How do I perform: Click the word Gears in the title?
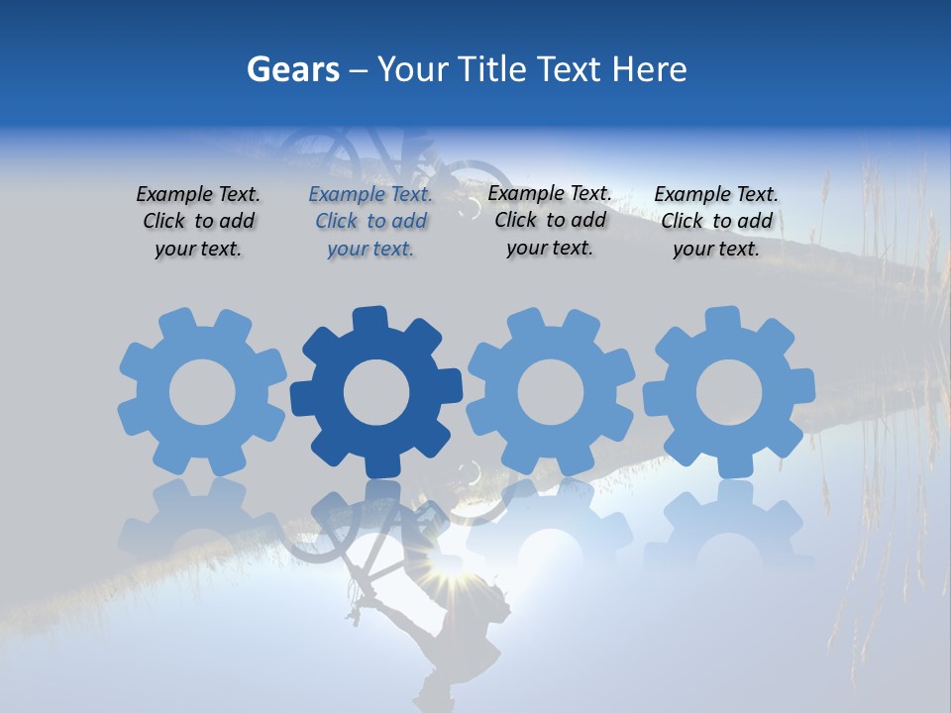click(x=292, y=69)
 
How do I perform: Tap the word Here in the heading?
click(x=649, y=69)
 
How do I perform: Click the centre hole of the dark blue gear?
click(x=376, y=393)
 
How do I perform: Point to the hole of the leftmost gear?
click(x=202, y=392)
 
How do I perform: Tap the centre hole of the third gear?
click(x=551, y=392)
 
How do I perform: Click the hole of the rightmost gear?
click(x=729, y=392)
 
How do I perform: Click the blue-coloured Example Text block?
click(x=370, y=222)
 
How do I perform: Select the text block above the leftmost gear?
click(x=198, y=222)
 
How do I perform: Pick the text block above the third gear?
click(x=550, y=221)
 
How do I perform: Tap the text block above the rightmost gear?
click(x=716, y=222)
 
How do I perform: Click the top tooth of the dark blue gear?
click(x=368, y=319)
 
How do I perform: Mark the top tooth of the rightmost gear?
click(x=722, y=319)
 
